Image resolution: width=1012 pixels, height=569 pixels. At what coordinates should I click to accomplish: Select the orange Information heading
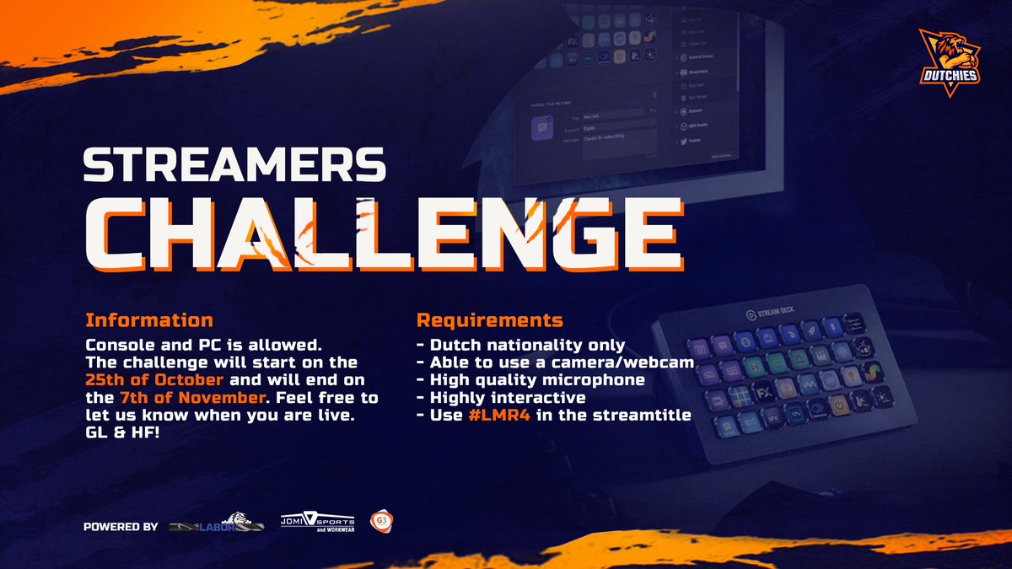[148, 320]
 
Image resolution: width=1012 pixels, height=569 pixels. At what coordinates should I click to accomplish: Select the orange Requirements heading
[490, 320]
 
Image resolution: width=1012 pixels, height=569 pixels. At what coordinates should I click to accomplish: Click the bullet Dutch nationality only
[521, 345]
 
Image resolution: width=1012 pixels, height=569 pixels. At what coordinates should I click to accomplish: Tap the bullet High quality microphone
[530, 380]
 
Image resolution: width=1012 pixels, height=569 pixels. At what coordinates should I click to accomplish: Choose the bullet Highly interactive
[501, 397]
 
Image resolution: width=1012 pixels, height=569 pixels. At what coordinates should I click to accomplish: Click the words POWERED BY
[121, 528]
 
